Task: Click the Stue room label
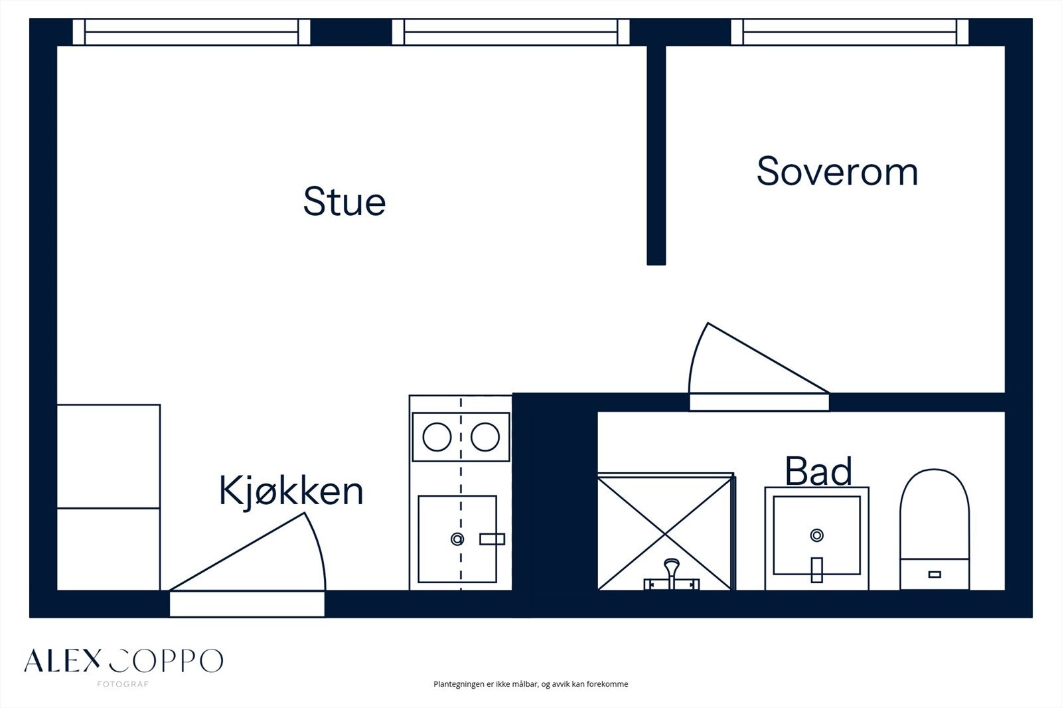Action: [x=344, y=202]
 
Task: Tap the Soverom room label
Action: [x=837, y=171]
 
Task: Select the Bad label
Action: [x=818, y=471]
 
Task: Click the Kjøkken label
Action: [x=291, y=491]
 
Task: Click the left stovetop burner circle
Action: [x=437, y=437]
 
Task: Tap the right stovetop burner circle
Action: [x=485, y=437]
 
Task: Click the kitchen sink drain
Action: [x=457, y=539]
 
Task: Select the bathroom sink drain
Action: [x=816, y=535]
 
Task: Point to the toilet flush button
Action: [x=935, y=574]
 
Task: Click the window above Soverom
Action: [x=850, y=32]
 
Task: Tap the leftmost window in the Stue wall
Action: [x=191, y=32]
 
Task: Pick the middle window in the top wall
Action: [x=510, y=32]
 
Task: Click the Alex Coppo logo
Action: [x=123, y=661]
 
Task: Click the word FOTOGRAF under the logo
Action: [x=123, y=684]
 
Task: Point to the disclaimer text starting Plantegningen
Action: [x=530, y=684]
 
